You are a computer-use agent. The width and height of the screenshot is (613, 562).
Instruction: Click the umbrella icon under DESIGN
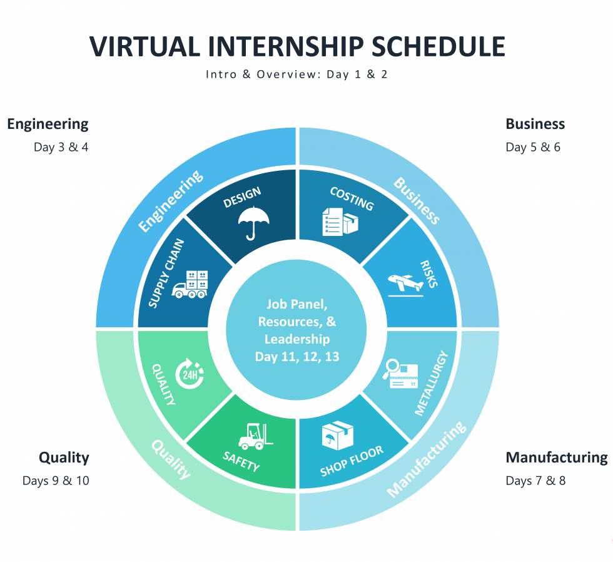click(253, 223)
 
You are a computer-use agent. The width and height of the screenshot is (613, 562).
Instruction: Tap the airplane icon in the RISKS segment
click(405, 285)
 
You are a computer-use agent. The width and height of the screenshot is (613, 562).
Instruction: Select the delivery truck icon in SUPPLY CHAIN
click(190, 284)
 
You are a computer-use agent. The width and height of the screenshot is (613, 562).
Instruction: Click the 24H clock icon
click(190, 374)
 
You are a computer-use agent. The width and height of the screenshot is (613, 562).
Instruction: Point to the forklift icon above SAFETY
click(256, 436)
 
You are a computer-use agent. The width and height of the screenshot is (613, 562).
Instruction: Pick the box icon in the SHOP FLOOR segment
click(337, 436)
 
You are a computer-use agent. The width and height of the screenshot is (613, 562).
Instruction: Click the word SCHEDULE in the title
click(438, 46)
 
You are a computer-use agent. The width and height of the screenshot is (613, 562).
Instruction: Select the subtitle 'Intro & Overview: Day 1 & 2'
click(296, 74)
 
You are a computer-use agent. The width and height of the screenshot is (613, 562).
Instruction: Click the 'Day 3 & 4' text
click(61, 147)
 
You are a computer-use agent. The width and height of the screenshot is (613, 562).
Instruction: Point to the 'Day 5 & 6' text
click(533, 147)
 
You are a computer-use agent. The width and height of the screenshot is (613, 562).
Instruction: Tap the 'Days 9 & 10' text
click(56, 481)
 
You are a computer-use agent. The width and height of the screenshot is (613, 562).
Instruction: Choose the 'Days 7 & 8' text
click(535, 481)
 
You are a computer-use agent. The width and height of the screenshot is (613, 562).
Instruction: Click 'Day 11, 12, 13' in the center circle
click(297, 357)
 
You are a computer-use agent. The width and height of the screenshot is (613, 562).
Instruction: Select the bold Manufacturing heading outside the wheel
click(557, 457)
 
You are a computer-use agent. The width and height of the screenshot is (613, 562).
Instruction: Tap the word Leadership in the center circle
click(297, 339)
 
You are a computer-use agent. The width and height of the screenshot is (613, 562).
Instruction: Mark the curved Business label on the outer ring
click(417, 201)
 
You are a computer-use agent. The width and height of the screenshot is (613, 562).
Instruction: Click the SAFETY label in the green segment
click(241, 461)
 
